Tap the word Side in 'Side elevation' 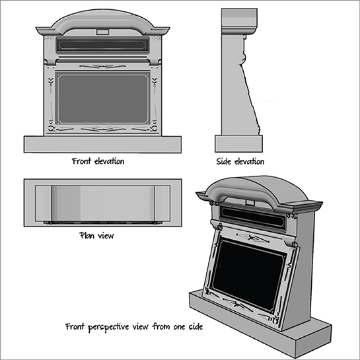pyautogui.click(x=223, y=161)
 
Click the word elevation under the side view pyautogui.click(x=249, y=161)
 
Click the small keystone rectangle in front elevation pyautogui.click(x=102, y=32)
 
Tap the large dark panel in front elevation pyautogui.click(x=102, y=98)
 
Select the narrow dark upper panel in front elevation pyautogui.click(x=102, y=44)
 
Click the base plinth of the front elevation pyautogui.click(x=102, y=145)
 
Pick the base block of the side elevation pyautogui.click(x=238, y=143)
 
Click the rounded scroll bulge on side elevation pyautogui.click(x=243, y=59)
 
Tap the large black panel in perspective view pyautogui.click(x=249, y=274)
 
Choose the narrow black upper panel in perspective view pyautogui.click(x=253, y=217)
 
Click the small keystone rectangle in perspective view pyautogui.click(x=250, y=203)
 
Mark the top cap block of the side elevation pyautogui.click(x=239, y=17)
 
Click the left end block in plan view pyautogui.click(x=43, y=203)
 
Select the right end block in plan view pyautogui.click(x=162, y=203)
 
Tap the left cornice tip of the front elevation pyautogui.click(x=36, y=28)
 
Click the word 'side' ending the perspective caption pyautogui.click(x=196, y=326)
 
